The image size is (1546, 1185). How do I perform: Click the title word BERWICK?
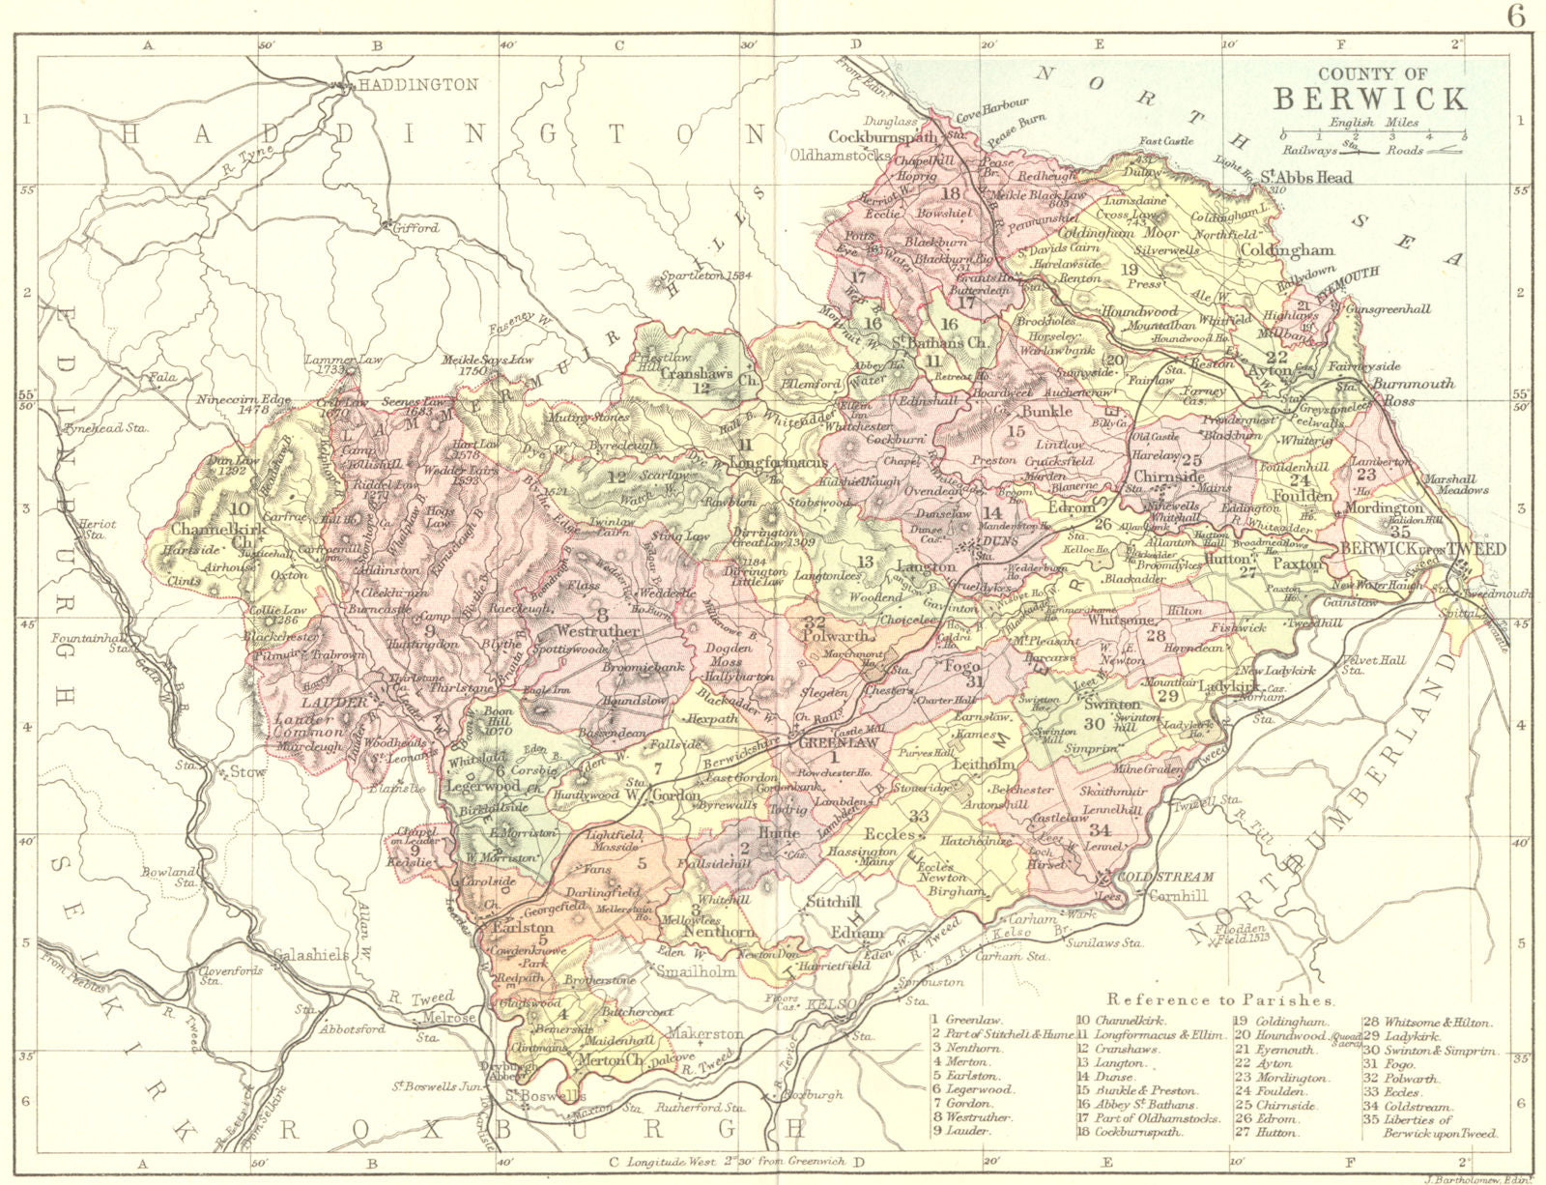[1370, 98]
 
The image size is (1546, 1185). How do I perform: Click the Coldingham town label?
[1286, 249]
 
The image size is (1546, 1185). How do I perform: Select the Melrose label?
[449, 1018]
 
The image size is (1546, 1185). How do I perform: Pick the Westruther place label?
[599, 630]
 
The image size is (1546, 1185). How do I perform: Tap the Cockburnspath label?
[883, 136]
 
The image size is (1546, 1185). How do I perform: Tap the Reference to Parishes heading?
[1221, 999]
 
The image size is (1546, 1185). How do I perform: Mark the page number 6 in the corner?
[1517, 16]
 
